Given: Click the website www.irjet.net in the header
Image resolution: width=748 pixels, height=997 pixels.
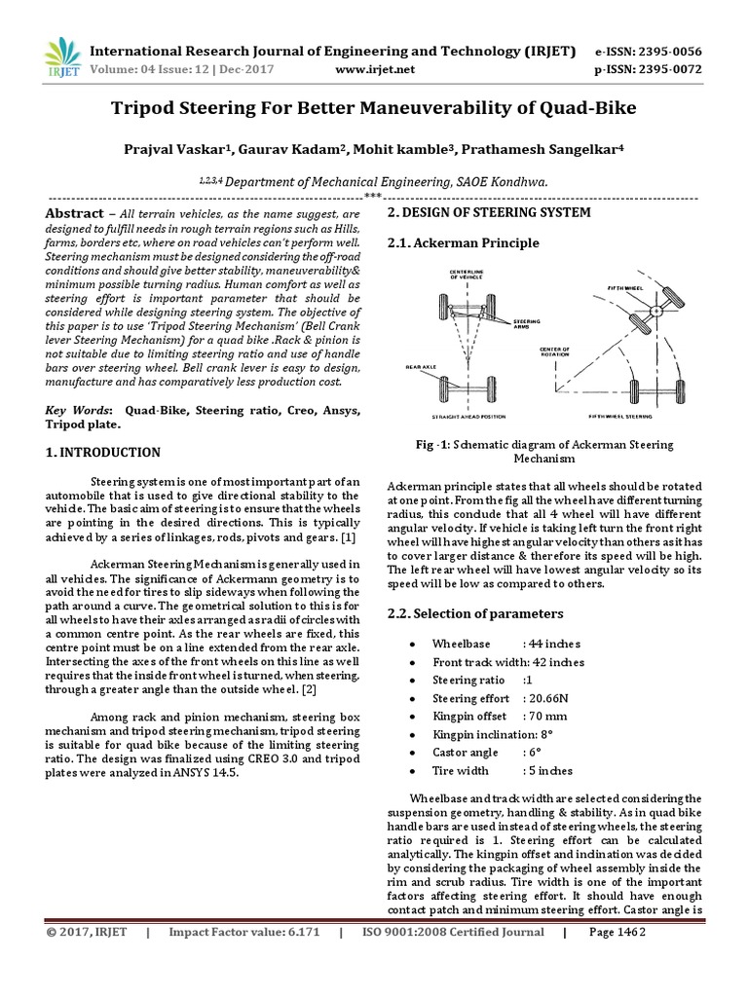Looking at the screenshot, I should (375, 70).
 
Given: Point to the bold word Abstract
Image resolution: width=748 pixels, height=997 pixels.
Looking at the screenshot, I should (75, 213).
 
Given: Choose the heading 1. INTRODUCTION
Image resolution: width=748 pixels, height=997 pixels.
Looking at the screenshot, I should (104, 453).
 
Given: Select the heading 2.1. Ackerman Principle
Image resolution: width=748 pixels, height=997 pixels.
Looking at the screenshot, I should (463, 242).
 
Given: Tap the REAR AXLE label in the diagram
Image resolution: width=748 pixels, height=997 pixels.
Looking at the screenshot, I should (420, 367).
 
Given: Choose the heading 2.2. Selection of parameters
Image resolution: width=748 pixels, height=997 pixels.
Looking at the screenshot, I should (475, 614).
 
